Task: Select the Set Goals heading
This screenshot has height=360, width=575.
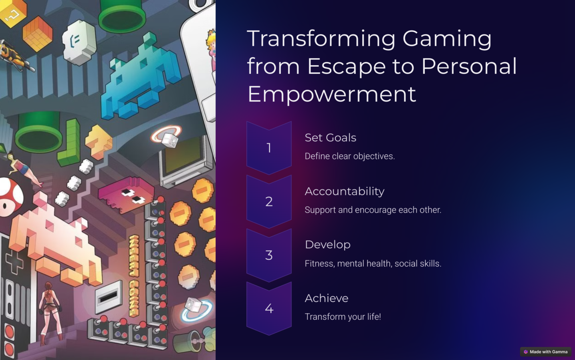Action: (330, 137)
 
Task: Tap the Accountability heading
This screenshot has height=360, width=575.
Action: (345, 191)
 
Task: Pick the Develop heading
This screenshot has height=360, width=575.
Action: (327, 245)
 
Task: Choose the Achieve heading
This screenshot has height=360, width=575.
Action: (327, 298)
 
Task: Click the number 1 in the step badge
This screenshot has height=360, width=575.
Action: (269, 148)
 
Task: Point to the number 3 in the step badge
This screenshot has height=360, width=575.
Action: (269, 255)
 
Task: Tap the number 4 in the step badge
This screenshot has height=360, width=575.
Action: (269, 308)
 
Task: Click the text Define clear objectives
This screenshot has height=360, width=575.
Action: (350, 156)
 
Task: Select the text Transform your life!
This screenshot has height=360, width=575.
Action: (343, 316)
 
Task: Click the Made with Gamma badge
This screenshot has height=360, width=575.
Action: (546, 352)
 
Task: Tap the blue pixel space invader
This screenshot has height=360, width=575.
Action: (140, 77)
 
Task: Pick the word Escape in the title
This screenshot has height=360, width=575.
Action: (347, 67)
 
